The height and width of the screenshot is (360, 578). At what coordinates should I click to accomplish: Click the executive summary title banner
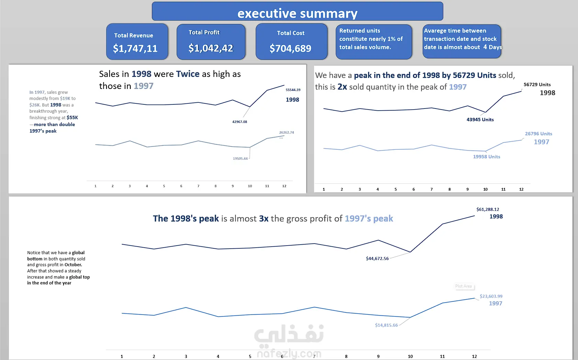pos(297,12)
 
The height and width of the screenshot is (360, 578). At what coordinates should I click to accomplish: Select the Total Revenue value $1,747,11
pos(135,48)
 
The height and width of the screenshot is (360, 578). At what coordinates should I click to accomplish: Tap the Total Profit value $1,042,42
pos(211,48)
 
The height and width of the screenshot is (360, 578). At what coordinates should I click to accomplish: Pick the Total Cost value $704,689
pos(290,48)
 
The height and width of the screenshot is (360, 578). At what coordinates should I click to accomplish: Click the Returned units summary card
pos(374,41)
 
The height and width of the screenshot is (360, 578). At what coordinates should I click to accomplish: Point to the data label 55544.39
pos(293,90)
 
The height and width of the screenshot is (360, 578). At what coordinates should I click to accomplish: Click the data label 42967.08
pos(240,122)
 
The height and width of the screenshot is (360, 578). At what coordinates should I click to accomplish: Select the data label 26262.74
pos(286,133)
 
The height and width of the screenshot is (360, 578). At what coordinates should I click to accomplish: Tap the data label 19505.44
pos(240,159)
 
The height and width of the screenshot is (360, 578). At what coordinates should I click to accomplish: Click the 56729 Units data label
pos(537,85)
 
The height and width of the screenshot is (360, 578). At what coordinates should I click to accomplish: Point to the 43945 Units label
pos(480,120)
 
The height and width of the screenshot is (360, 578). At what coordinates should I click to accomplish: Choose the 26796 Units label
pos(538,134)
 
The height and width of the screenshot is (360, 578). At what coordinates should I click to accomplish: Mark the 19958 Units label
pos(486,157)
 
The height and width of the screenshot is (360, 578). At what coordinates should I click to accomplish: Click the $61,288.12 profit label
pos(488,209)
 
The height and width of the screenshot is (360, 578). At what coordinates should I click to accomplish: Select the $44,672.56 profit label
pos(377,259)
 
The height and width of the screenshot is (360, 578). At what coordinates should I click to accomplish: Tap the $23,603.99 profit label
pos(491,296)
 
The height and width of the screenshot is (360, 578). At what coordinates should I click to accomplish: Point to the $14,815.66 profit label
pos(386,325)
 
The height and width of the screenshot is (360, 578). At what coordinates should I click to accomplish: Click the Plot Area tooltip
pos(464,286)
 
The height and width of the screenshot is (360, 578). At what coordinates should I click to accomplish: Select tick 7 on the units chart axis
pos(432,189)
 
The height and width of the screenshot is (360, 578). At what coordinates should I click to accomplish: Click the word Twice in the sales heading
pos(188,74)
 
